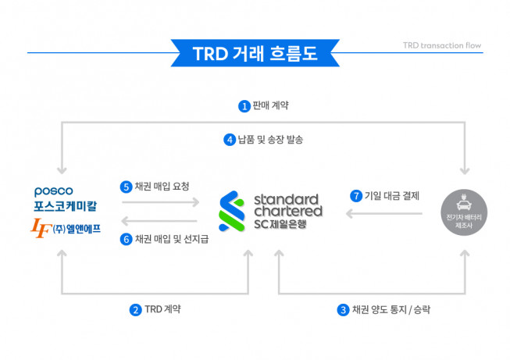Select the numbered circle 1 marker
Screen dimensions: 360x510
pos(244,105)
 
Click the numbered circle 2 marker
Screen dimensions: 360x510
pos(136,308)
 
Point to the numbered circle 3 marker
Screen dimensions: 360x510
pos(343,308)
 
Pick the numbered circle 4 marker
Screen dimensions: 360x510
pos(230,140)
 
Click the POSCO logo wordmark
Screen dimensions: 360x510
pos(54,191)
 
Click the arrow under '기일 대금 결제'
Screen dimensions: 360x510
pos(385,213)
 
